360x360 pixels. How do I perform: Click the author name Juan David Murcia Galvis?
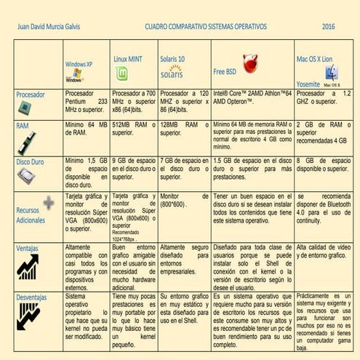[x=49, y=26]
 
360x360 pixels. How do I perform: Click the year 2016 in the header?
[x=328, y=26]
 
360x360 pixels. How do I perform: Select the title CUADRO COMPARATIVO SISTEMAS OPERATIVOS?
[x=206, y=26]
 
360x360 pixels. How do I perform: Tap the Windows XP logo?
[x=74, y=76]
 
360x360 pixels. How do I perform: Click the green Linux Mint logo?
[x=121, y=73]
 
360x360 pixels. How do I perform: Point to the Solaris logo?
[x=172, y=72]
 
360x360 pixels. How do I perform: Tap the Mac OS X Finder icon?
[x=331, y=73]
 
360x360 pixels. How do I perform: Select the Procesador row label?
[x=31, y=94]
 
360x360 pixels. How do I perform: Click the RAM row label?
[x=23, y=125]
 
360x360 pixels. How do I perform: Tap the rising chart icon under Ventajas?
[x=28, y=266]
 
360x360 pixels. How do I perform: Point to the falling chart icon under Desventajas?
[x=28, y=316]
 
